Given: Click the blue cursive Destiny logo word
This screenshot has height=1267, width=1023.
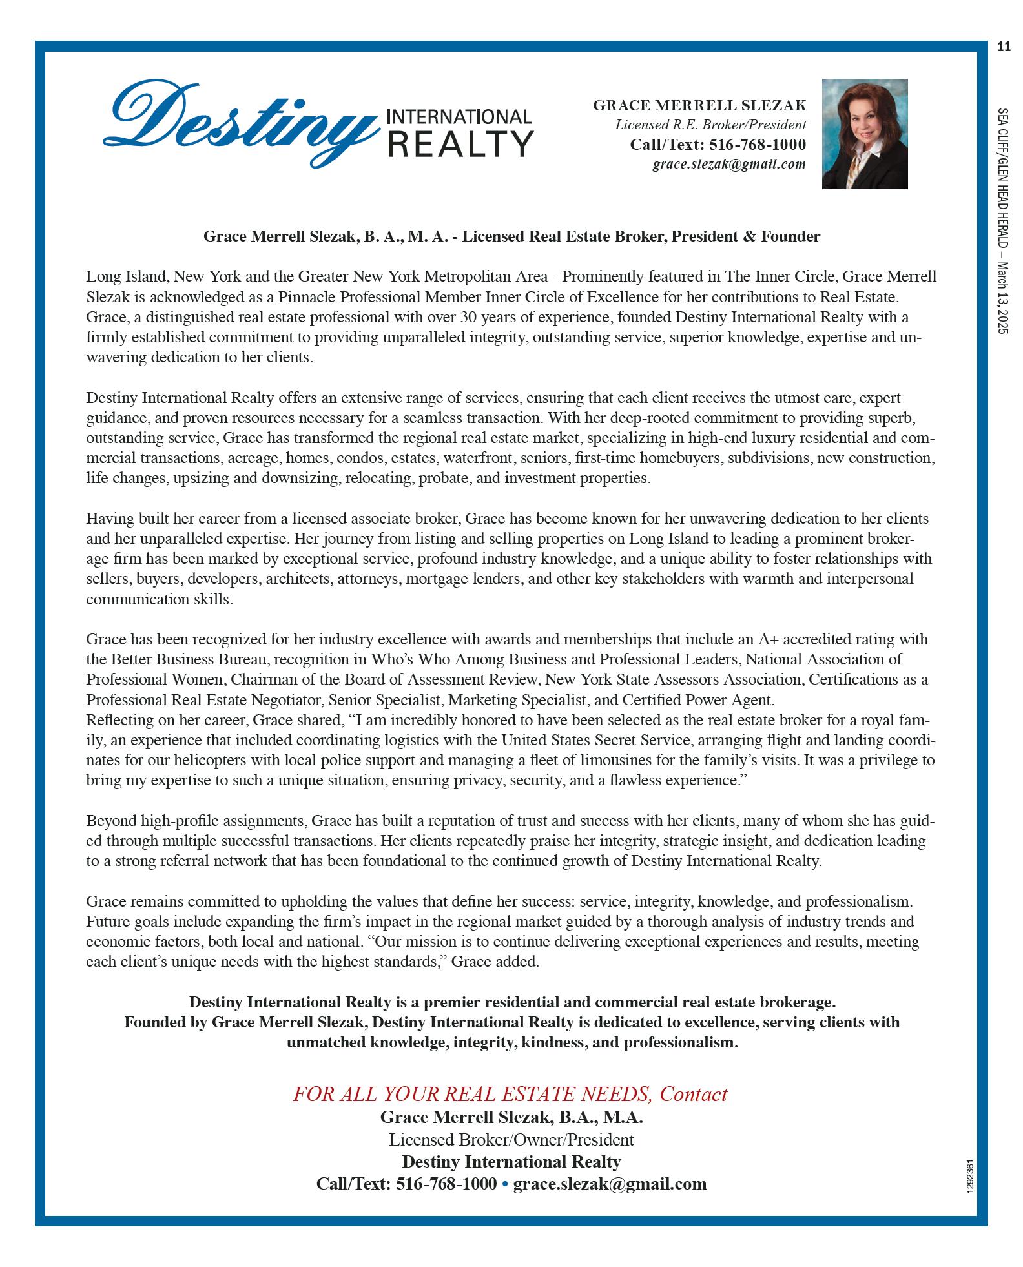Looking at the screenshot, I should pyautogui.click(x=239, y=123).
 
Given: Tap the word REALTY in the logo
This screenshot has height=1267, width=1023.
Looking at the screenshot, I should pyautogui.click(x=460, y=143).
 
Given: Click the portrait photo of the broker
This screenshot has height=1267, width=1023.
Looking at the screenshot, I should pyautogui.click(x=864, y=134).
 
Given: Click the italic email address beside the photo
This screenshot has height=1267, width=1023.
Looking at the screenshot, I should pyautogui.click(x=728, y=164).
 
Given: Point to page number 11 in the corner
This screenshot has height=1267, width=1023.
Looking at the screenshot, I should pyautogui.click(x=1003, y=46).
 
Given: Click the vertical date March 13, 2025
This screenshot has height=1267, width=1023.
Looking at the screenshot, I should pyautogui.click(x=1002, y=298).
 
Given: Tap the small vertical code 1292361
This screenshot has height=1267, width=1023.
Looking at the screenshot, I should pyautogui.click(x=971, y=1177).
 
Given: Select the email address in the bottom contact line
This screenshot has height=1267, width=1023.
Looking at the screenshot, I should pyautogui.click(x=610, y=1184).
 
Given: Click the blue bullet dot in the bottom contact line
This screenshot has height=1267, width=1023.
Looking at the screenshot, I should pyautogui.click(x=505, y=1184).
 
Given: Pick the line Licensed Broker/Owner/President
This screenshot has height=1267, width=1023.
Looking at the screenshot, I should pyautogui.click(x=511, y=1139).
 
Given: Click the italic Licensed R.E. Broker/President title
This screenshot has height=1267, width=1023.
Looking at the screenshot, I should pyautogui.click(x=710, y=125).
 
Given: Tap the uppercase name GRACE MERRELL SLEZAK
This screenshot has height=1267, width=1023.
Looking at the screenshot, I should pyautogui.click(x=699, y=105).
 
